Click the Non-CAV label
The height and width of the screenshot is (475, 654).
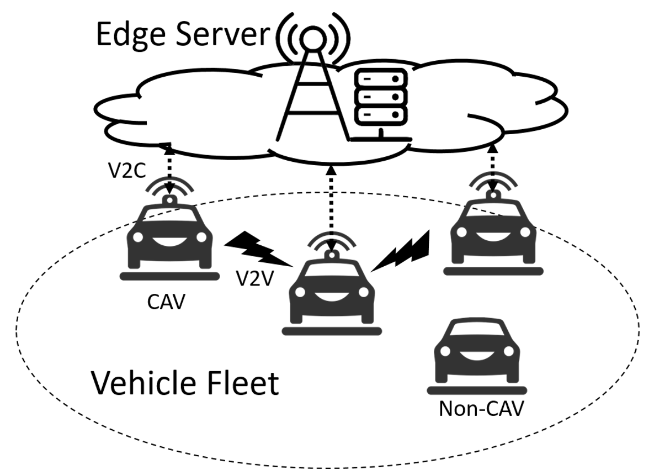click(480, 409)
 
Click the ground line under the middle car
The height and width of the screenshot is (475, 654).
click(331, 331)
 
